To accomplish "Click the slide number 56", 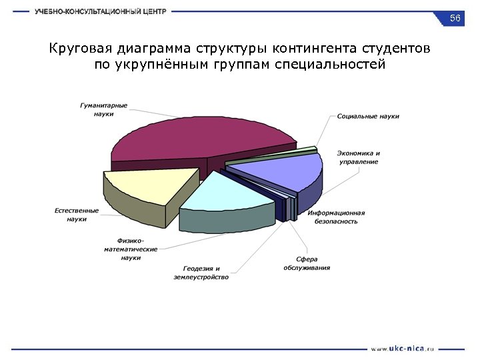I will (x=455, y=18).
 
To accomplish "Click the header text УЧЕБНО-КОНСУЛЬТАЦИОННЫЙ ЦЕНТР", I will (x=101, y=11).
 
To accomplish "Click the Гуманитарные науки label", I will (x=104, y=109).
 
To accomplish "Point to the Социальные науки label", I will (x=368, y=116).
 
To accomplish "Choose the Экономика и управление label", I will (x=358, y=157).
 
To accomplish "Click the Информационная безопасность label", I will (x=336, y=217).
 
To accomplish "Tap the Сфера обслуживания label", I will (x=307, y=263).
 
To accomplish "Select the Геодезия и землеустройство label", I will (x=201, y=273).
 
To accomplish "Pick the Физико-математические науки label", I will (x=131, y=249).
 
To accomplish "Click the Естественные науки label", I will (x=77, y=215).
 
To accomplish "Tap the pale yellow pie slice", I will (x=150, y=187).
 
